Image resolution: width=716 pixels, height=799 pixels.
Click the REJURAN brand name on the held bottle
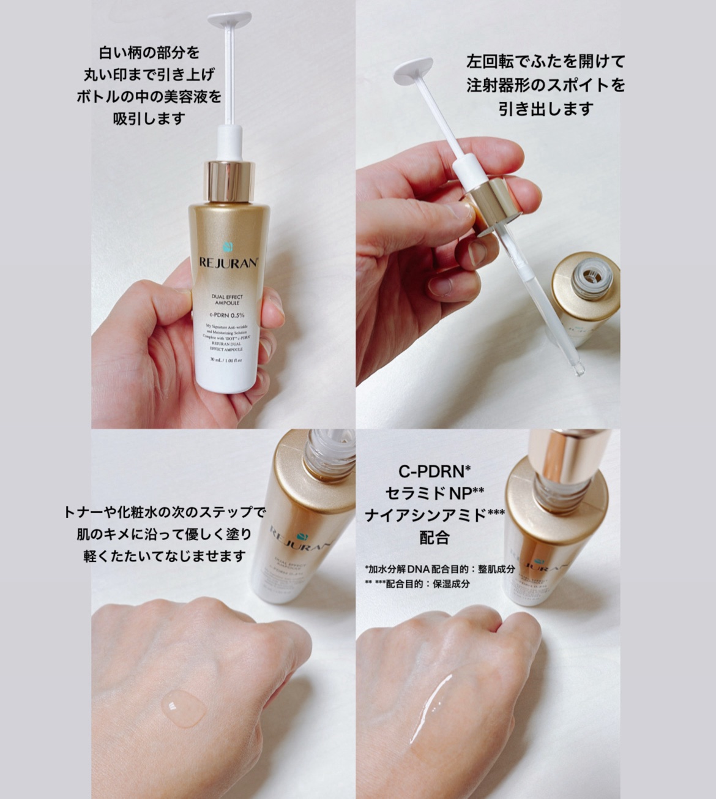(229, 263)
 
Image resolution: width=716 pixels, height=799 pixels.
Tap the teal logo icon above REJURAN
(229, 247)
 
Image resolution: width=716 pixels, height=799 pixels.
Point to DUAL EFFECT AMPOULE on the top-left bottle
(228, 299)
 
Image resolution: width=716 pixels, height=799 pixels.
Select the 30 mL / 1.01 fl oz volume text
(226, 360)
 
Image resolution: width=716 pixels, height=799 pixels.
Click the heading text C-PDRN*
(434, 471)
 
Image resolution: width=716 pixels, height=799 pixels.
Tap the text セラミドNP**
(434, 493)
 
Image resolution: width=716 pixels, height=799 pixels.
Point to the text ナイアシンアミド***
(434, 516)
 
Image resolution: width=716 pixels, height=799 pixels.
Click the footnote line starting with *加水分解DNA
(439, 569)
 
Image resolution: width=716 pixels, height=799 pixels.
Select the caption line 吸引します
(149, 118)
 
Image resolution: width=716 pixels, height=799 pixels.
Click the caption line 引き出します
(546, 109)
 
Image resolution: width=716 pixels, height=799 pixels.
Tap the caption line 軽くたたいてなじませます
(165, 556)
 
